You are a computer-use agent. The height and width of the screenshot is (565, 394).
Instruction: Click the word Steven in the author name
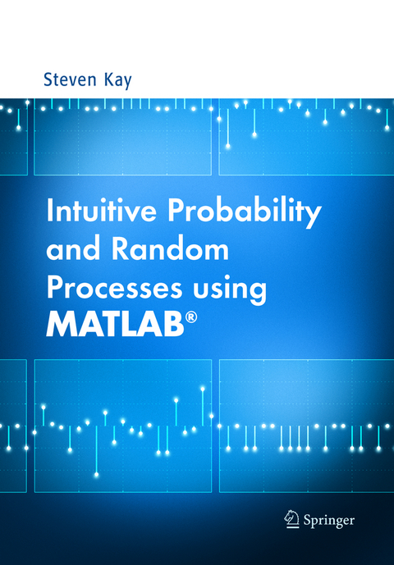coord(69,80)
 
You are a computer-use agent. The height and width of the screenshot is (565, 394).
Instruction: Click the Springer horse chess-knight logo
coord(290,517)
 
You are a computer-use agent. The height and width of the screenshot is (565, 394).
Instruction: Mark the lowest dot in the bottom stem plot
coord(96,475)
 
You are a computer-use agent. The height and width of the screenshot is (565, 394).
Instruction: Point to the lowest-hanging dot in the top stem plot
coord(227,146)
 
